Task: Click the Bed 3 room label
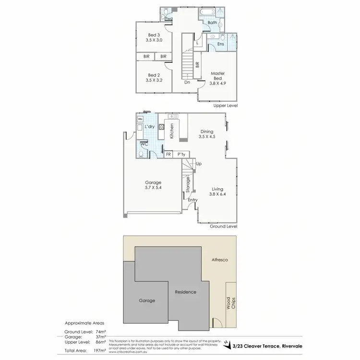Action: tap(153, 35)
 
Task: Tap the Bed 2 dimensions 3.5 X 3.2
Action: tap(153, 81)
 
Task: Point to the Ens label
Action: tap(220, 44)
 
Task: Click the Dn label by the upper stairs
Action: tap(187, 82)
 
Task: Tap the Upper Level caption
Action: tap(227, 105)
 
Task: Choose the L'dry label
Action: tap(149, 126)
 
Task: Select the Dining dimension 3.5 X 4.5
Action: tap(206, 136)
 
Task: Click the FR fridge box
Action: tap(168, 154)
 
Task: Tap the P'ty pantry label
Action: tap(181, 154)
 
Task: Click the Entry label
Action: tap(192, 200)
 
